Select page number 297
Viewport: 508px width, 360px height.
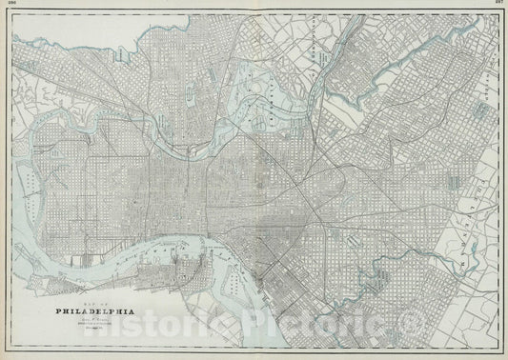(498, 4)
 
